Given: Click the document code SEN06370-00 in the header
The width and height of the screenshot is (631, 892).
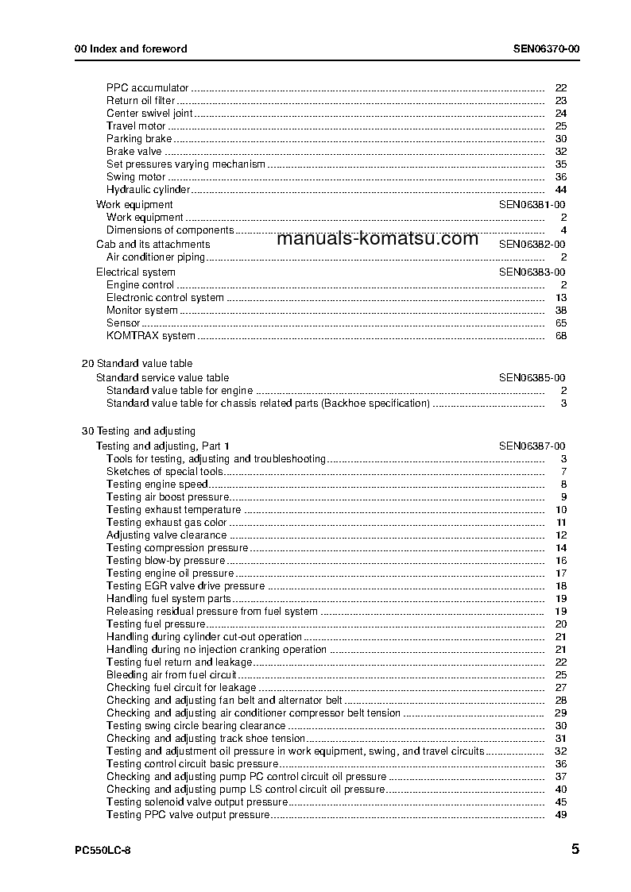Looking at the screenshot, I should pyautogui.click(x=546, y=48).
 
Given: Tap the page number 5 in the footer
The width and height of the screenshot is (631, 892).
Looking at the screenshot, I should pyautogui.click(x=574, y=849).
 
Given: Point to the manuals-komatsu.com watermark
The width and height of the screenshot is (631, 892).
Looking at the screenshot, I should pyautogui.click(x=378, y=238).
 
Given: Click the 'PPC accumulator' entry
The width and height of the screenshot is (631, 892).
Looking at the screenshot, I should pyautogui.click(x=147, y=88).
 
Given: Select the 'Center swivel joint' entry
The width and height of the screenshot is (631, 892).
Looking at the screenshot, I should pyautogui.click(x=149, y=114).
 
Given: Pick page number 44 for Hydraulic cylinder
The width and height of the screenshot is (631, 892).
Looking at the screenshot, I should pyautogui.click(x=560, y=190).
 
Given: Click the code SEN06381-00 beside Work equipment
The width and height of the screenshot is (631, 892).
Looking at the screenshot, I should pyautogui.click(x=532, y=204).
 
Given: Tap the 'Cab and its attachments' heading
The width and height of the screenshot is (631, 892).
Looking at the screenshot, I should pyautogui.click(x=153, y=245).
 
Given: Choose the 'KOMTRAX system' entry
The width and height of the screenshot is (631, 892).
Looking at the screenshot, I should pyautogui.click(x=150, y=336).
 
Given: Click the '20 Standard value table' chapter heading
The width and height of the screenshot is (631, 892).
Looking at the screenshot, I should pyautogui.click(x=137, y=364).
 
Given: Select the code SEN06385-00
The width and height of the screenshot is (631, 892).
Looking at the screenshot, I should pyautogui.click(x=532, y=378).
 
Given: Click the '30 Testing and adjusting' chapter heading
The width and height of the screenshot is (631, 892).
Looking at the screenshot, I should pyautogui.click(x=139, y=431).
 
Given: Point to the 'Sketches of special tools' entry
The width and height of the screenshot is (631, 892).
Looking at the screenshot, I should pyautogui.click(x=165, y=472).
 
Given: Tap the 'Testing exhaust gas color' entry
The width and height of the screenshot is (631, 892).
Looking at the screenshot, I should pyautogui.click(x=166, y=523).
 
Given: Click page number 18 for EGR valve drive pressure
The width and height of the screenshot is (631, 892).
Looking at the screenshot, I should pyautogui.click(x=560, y=586).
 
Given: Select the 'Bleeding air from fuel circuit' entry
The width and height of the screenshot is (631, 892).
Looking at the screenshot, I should pyautogui.click(x=172, y=675).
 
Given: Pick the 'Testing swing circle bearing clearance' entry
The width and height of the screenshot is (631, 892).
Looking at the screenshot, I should pyautogui.click(x=195, y=726).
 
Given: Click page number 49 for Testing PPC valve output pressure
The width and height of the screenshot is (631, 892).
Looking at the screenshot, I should pyautogui.click(x=560, y=815).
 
